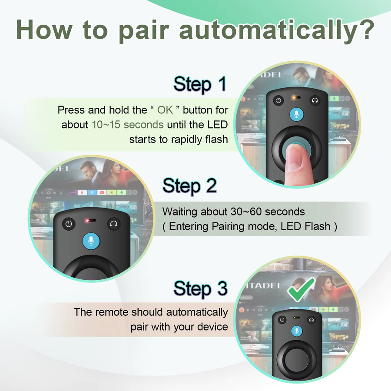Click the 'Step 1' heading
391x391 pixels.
coord(200,85)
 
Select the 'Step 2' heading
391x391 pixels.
coord(189,186)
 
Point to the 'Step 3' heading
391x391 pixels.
coord(200,289)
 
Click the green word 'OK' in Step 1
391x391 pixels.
coord(165,110)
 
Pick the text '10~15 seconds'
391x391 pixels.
coord(127,125)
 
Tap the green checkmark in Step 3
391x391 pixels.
coord(301,289)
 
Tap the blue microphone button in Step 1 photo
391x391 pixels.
coord(296,115)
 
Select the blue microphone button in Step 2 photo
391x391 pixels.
coord(91,241)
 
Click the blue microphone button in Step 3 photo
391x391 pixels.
coord(297,331)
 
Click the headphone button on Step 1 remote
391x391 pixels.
coord(315,100)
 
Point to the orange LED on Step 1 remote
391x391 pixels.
coord(295,97)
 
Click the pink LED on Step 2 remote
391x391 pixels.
coord(87,220)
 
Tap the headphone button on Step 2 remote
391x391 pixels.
coord(114,224)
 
